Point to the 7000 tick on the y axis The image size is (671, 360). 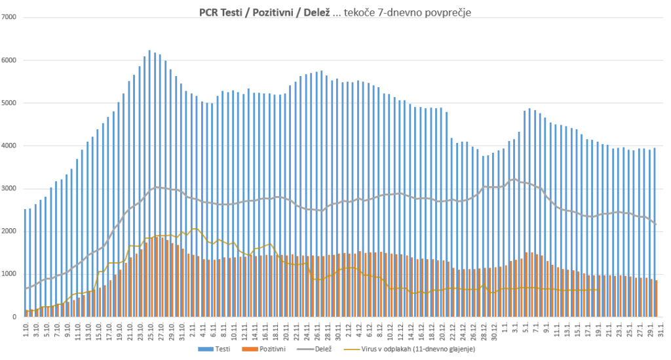click(9, 17)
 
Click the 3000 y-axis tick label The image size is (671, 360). click(9, 189)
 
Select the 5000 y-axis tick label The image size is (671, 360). click(9, 103)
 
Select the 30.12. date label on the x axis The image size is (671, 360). click(494, 329)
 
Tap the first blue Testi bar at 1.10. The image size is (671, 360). click(25, 262)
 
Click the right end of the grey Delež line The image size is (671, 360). click(656, 224)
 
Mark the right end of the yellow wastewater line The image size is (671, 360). click(598, 290)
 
